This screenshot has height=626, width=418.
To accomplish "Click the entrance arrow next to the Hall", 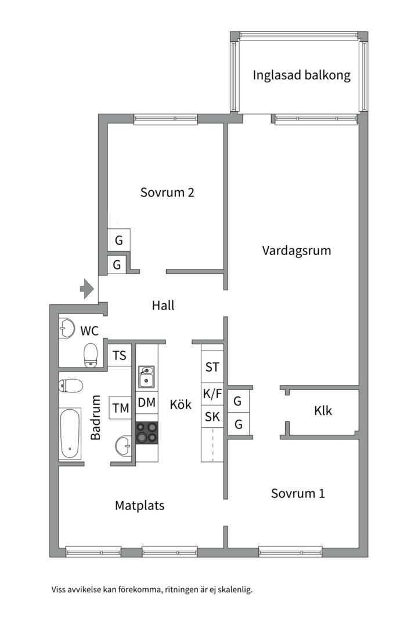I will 87,287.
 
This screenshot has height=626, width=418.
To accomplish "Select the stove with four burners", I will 147,432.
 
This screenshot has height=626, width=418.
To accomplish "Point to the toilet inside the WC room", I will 91,354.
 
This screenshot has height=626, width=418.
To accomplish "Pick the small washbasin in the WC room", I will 66,328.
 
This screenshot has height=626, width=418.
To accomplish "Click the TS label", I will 120,355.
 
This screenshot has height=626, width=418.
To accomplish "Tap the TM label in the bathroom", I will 121,408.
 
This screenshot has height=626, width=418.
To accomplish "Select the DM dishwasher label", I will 147,402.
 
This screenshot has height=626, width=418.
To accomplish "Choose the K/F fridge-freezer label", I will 212,394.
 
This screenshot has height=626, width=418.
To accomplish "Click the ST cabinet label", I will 212,367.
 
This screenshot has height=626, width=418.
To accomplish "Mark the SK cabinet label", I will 212,416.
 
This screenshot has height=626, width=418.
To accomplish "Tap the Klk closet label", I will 323,410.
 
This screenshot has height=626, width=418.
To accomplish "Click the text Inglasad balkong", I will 301,75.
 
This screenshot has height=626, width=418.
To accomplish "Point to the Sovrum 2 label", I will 167,192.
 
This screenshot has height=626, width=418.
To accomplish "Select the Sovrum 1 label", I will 298,493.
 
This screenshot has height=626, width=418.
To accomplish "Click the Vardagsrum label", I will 296,250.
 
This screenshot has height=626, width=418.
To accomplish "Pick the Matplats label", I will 139,505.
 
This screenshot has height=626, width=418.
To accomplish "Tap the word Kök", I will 181,405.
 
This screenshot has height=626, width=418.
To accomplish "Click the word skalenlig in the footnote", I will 234,590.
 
